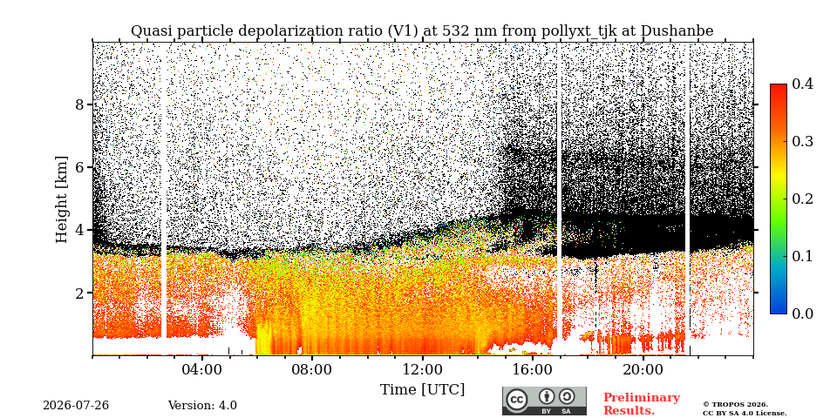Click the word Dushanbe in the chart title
click(677, 31)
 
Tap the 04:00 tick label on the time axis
click(201, 369)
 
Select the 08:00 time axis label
click(312, 369)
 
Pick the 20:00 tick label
click(643, 369)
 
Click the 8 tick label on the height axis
click(80, 104)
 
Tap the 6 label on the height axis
click(80, 167)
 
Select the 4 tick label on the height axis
click(80, 230)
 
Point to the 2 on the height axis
click(80, 293)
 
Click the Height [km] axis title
click(63, 199)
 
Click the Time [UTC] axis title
click(422, 390)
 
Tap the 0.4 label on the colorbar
click(802, 84)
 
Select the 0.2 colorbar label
click(802, 199)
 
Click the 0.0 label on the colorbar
click(802, 313)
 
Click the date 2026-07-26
click(76, 406)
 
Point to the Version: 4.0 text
click(202, 406)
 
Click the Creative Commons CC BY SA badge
click(544, 401)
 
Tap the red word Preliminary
click(642, 398)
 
